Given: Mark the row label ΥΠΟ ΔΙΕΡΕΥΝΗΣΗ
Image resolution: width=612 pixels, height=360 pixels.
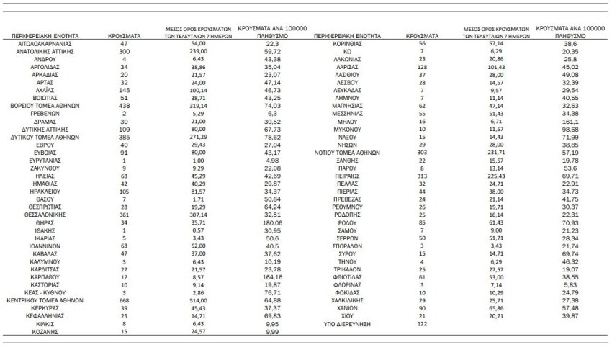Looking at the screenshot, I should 348,324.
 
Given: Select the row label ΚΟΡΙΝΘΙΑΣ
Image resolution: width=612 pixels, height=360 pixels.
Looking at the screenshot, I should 348,44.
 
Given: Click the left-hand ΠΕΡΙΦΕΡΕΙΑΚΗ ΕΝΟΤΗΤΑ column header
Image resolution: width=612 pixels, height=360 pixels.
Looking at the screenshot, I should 51,35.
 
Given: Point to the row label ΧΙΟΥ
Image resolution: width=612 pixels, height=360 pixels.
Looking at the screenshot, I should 348,316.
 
